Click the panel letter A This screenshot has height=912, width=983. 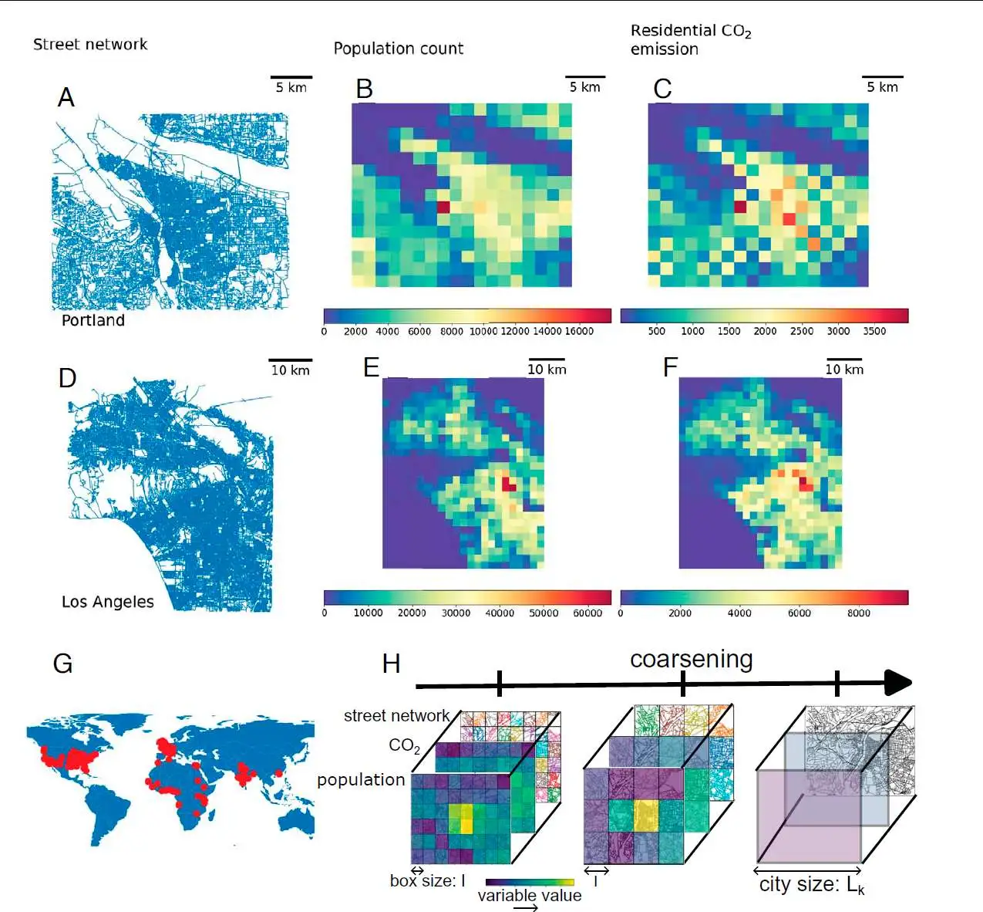point(66,97)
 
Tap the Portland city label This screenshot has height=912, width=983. point(93,320)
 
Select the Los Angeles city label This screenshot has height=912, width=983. point(107,602)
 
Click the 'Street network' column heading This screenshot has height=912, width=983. point(90,45)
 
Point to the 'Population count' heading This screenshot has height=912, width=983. point(398,49)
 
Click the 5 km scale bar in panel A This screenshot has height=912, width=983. point(291,78)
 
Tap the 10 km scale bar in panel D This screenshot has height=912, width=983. point(291,360)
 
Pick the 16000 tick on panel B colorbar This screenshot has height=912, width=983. point(579,332)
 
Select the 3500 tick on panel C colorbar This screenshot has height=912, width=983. point(874,332)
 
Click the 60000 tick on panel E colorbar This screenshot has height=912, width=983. point(587,613)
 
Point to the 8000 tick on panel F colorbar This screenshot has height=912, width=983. point(859,613)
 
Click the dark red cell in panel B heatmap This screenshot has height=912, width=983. point(443,207)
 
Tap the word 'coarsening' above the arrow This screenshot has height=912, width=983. point(691,660)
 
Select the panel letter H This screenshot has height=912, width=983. point(391,664)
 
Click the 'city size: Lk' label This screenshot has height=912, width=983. point(811,885)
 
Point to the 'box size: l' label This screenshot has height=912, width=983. point(427,881)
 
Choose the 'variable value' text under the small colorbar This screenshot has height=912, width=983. point(529,896)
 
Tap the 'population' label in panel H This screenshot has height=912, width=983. point(361,780)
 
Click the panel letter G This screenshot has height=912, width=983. point(62,664)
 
